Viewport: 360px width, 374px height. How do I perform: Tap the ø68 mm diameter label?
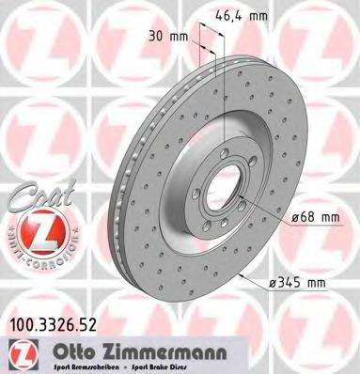[x=315, y=217]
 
